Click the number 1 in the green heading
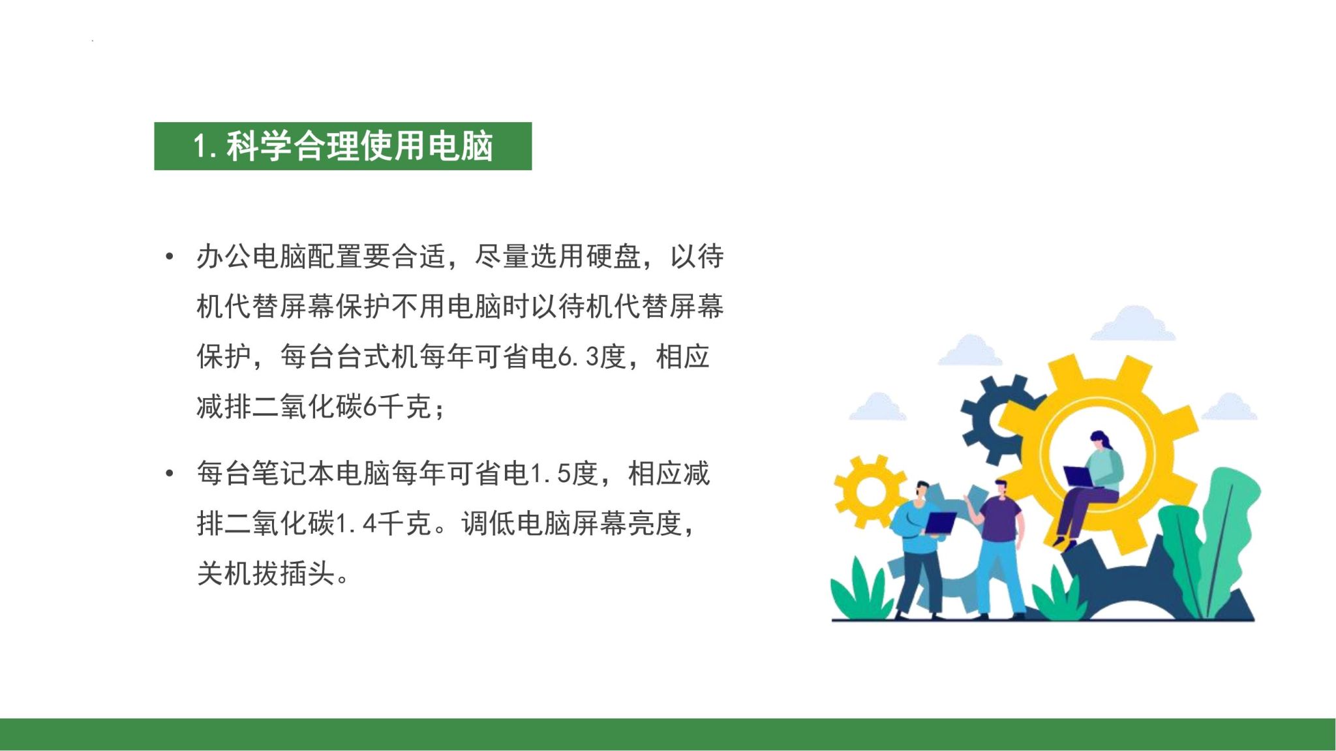pyautogui.click(x=202, y=146)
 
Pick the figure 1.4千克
pyautogui.click(x=383, y=523)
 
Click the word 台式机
pyautogui.click(x=376, y=357)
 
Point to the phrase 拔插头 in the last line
pyautogui.click(x=293, y=574)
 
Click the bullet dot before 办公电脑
pyautogui.click(x=170, y=256)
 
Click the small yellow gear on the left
pyautogui.click(x=870, y=491)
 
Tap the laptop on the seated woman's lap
pyautogui.click(x=1080, y=476)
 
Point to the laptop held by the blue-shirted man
pyautogui.click(x=940, y=523)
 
